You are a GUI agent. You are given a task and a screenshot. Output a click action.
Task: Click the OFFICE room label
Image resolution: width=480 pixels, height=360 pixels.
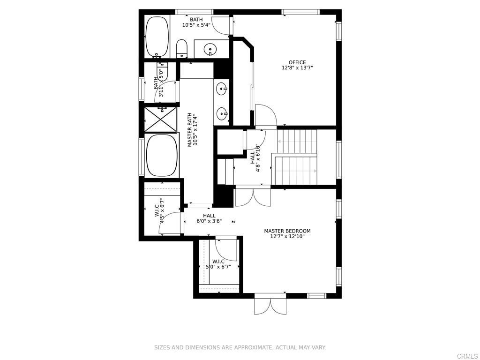click(297, 62)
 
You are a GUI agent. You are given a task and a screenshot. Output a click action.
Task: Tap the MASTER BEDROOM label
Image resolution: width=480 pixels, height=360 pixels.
click(287, 231)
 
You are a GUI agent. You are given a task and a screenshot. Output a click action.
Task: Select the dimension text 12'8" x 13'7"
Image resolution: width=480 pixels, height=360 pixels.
click(297, 68)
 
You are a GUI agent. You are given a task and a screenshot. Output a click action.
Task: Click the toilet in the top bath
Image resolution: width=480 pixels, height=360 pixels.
click(182, 48)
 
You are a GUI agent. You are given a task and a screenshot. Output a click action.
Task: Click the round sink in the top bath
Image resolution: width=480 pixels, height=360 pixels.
click(211, 48)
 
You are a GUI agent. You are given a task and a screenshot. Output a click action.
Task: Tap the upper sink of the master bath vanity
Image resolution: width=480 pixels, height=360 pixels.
click(223, 87)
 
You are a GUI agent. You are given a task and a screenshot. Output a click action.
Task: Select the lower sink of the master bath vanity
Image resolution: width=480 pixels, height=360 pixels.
click(223, 112)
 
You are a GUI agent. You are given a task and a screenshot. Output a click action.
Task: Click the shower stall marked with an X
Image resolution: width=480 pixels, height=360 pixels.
click(160, 120)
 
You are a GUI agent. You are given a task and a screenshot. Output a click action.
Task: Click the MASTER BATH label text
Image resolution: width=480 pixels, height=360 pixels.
click(190, 130)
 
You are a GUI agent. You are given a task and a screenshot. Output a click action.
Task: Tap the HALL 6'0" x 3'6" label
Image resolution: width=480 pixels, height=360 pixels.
click(209, 218)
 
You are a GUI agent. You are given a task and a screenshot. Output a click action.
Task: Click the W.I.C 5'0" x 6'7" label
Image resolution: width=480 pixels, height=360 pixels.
click(218, 264)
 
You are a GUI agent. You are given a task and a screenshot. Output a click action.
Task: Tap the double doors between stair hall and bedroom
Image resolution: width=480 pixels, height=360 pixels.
click(253, 196)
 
